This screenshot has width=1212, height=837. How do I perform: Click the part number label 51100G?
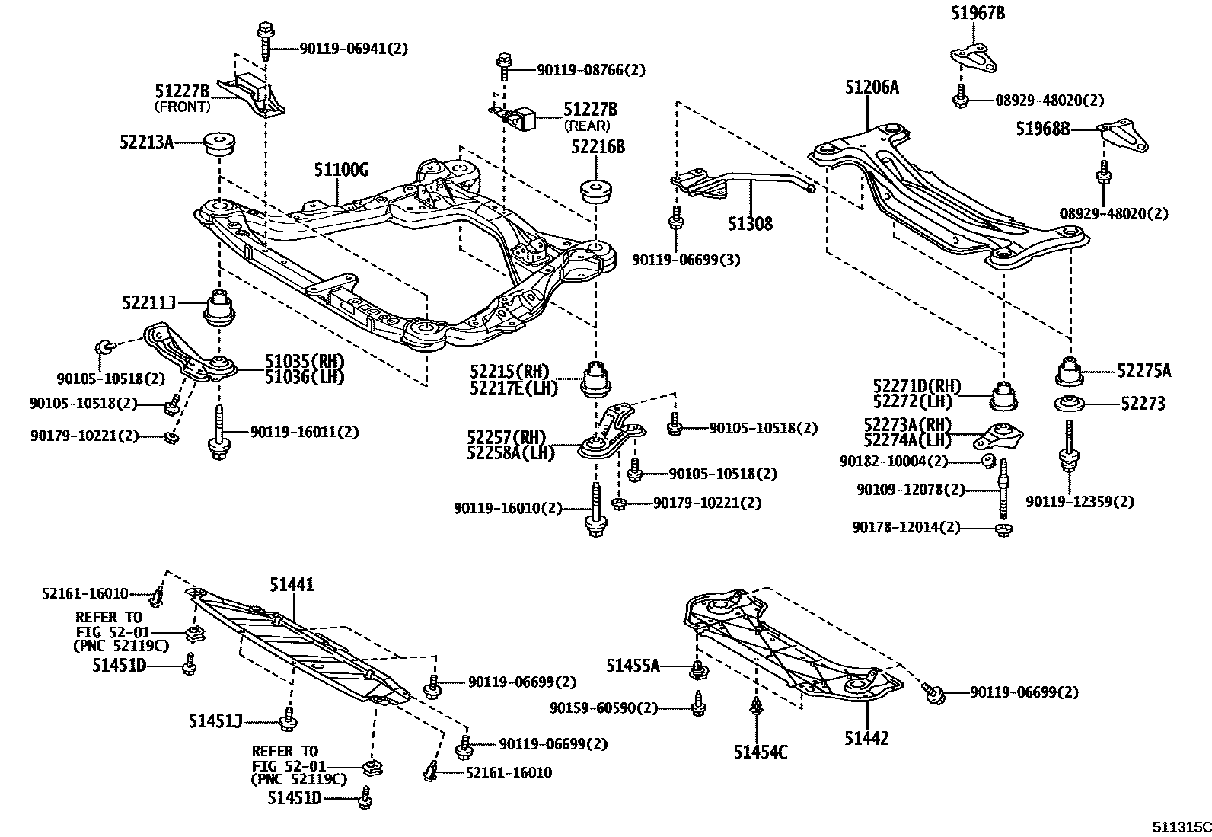tap(341, 170)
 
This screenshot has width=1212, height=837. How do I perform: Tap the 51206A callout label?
tap(871, 88)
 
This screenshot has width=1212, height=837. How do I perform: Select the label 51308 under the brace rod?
tap(749, 223)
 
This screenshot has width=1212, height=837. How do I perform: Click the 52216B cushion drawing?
tap(598, 190)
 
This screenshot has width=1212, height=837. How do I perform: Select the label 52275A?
tap(1144, 371)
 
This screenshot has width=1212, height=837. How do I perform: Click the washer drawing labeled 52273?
tap(1069, 404)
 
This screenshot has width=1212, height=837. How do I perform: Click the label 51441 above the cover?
tap(291, 584)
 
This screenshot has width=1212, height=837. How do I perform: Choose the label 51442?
tap(866, 737)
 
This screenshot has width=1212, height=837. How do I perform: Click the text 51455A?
tap(633, 666)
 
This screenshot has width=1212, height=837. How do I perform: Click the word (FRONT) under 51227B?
tap(183, 107)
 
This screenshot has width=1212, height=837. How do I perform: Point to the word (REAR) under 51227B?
tap(587, 126)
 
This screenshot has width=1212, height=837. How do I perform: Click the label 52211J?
tap(149, 303)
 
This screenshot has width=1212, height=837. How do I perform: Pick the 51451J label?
tap(215, 720)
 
